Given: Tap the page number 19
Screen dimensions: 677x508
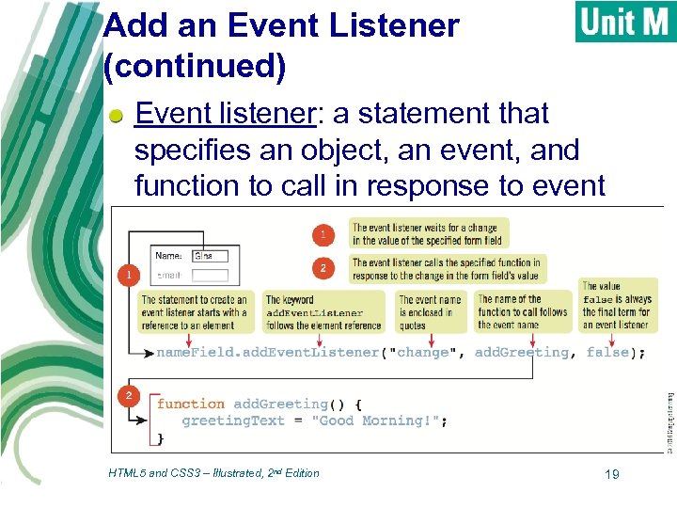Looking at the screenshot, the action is [x=611, y=474].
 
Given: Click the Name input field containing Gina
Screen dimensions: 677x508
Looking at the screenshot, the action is [x=209, y=255].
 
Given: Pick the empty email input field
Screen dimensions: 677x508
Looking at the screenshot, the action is [x=209, y=275].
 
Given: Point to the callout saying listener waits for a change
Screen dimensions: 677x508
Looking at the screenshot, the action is [x=429, y=232].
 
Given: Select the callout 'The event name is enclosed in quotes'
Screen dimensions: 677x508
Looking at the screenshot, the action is [x=431, y=312].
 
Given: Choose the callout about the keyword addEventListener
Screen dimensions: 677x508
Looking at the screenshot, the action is [x=323, y=312].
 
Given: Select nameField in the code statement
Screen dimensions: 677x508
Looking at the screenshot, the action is [x=191, y=352].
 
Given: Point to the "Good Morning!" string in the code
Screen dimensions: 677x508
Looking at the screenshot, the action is [x=379, y=421].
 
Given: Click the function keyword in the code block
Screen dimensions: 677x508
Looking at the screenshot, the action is [x=191, y=404].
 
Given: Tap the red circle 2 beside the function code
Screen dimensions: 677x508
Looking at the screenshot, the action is [x=128, y=396].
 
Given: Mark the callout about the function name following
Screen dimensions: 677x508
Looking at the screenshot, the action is [x=523, y=312].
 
